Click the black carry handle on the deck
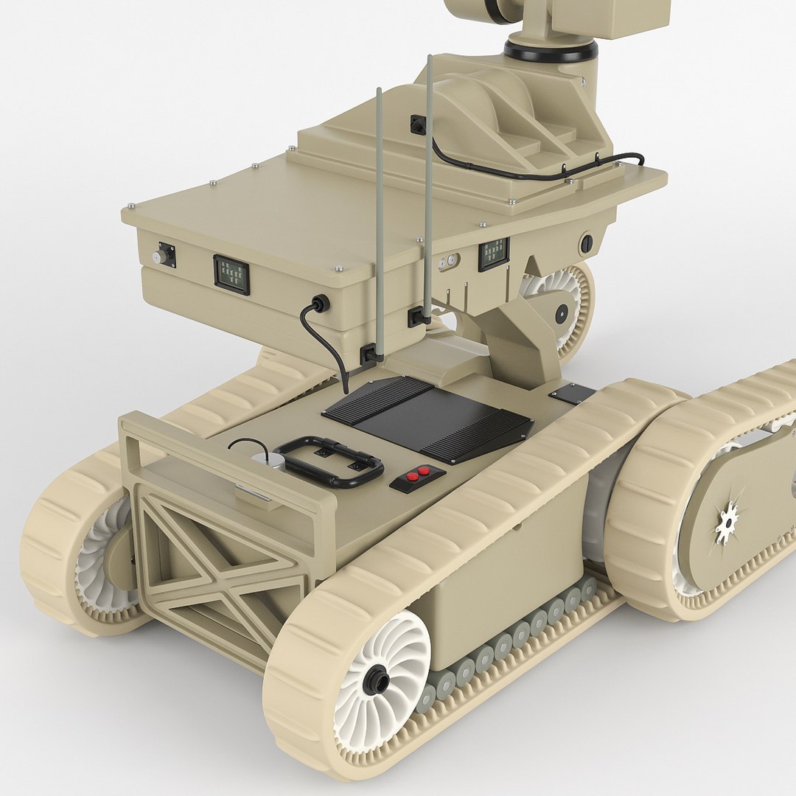[330, 462]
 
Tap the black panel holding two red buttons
[417, 478]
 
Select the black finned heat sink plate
[427, 417]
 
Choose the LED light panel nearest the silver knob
[231, 275]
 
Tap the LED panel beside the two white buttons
[493, 254]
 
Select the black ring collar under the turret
[550, 51]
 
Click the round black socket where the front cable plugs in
[320, 303]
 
